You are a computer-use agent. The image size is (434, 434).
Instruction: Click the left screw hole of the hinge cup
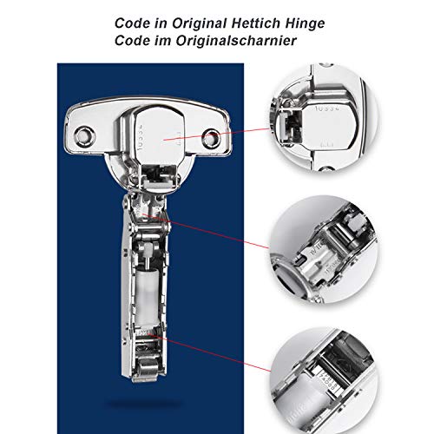coord(86,134)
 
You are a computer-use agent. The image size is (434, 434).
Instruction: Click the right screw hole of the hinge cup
coord(212,136)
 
